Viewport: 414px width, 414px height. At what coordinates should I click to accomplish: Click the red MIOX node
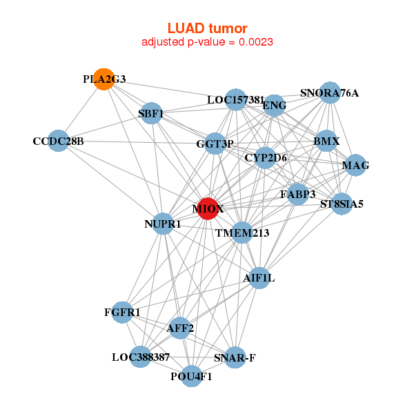pos(208,208)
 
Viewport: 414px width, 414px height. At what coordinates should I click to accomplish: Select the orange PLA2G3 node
pos(103,79)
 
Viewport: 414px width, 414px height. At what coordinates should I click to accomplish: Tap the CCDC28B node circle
pos(59,141)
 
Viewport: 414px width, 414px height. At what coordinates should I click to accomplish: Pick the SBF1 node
pos(151,113)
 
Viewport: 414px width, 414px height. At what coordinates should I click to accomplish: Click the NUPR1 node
pos(163,224)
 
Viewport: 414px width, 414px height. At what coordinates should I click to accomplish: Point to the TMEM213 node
pos(241,233)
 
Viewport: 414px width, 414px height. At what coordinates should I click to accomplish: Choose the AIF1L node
pos(259,278)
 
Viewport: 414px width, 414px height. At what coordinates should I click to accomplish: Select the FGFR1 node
pos(122,313)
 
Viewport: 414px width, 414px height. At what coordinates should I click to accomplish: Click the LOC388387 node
pos(140,357)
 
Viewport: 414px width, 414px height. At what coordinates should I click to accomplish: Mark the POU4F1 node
pos(192,376)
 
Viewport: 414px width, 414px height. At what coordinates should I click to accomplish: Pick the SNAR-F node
pos(235,357)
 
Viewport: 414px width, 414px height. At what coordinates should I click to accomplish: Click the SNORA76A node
pos(330,93)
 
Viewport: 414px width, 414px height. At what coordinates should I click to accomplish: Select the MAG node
pos(355,165)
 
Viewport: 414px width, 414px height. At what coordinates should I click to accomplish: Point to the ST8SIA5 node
pos(342,204)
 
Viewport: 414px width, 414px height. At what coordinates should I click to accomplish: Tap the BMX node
pos(326,141)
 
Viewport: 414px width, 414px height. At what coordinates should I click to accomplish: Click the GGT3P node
pos(215,144)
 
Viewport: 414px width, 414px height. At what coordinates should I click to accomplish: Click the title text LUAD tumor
pos(207,28)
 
